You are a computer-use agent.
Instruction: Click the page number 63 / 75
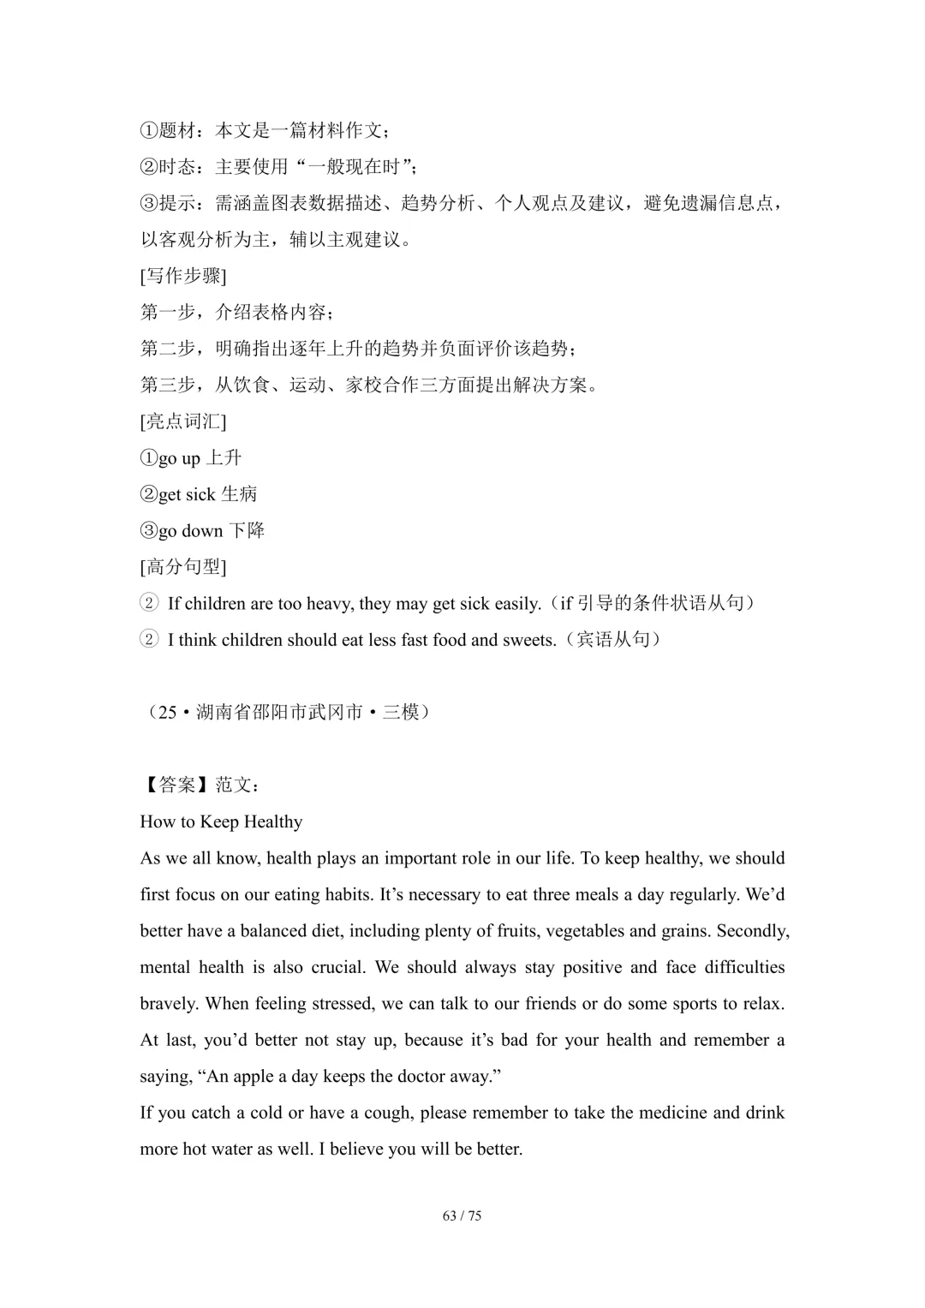tap(462, 1215)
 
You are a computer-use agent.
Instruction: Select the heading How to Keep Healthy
tap(221, 822)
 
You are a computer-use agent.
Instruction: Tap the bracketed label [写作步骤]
tap(183, 276)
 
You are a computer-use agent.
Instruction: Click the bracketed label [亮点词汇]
tap(183, 421)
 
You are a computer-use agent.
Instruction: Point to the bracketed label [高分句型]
tap(183, 567)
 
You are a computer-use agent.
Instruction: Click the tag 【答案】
tap(177, 785)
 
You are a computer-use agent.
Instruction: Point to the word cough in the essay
tap(384, 1113)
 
